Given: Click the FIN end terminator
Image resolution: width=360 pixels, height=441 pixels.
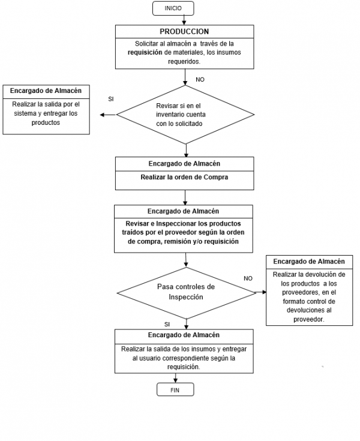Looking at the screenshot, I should click(175, 389).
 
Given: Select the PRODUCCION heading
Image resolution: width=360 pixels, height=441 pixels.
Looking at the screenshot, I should click(184, 31).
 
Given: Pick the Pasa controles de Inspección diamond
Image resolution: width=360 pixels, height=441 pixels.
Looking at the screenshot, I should click(185, 292).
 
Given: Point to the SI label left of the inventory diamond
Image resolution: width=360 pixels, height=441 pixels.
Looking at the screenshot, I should click(111, 98).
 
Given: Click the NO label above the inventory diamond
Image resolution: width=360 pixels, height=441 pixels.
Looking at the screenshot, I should click(200, 79).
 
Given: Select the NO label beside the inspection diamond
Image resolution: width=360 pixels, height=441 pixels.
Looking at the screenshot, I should click(248, 278).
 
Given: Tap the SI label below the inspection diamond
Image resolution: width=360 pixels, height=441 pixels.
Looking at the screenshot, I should click(167, 324).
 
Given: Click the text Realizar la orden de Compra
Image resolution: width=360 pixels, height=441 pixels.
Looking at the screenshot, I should click(184, 178).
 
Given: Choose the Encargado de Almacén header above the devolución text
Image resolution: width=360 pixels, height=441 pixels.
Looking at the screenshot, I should click(308, 262).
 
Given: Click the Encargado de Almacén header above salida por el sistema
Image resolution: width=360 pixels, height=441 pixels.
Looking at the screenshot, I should click(46, 91).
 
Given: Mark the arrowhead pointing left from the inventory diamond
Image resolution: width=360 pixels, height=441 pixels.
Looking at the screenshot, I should click(102, 115).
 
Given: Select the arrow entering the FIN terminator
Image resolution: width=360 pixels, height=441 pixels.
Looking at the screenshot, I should click(175, 377).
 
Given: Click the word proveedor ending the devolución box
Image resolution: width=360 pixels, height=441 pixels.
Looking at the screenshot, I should click(308, 319).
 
